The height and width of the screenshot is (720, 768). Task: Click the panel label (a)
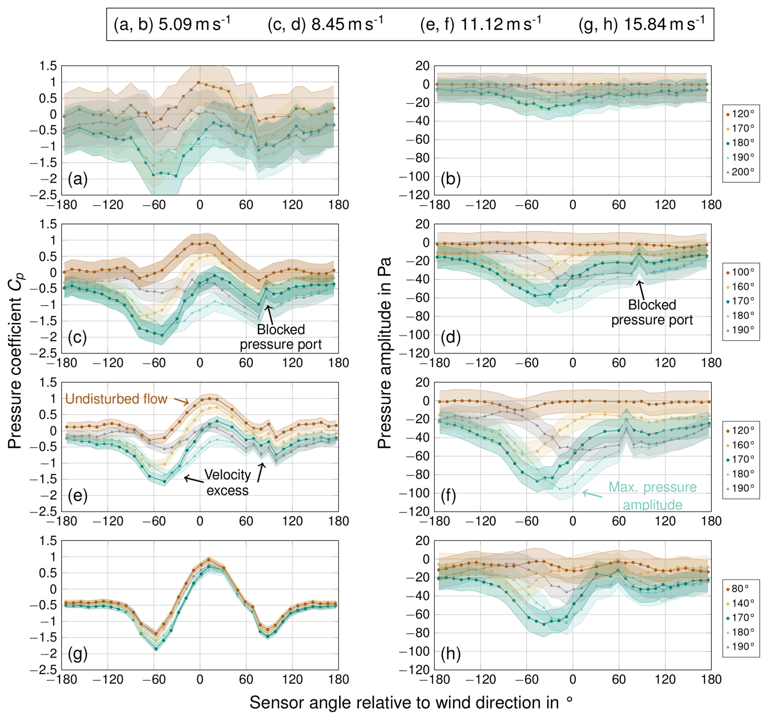click(x=78, y=179)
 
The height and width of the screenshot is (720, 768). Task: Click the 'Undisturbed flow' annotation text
click(x=116, y=399)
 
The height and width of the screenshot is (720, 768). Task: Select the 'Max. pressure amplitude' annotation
click(x=652, y=496)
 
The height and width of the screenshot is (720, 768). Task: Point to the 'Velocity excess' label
click(x=227, y=482)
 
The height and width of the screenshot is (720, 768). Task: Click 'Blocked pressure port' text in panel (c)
click(x=280, y=336)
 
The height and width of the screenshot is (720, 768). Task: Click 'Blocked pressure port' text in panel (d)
click(x=652, y=312)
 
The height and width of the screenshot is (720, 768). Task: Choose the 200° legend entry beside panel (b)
click(x=740, y=172)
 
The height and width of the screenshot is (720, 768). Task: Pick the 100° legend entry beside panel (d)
click(x=740, y=272)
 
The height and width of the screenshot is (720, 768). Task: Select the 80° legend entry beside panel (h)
click(x=738, y=589)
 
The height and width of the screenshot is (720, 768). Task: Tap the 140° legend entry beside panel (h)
click(x=740, y=603)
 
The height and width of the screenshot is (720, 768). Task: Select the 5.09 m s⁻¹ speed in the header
click(x=194, y=24)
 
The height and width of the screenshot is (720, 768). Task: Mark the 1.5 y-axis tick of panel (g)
click(x=48, y=540)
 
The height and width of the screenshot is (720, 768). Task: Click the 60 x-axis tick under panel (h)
click(x=619, y=679)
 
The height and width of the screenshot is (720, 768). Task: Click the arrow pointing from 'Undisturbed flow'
click(x=181, y=401)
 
